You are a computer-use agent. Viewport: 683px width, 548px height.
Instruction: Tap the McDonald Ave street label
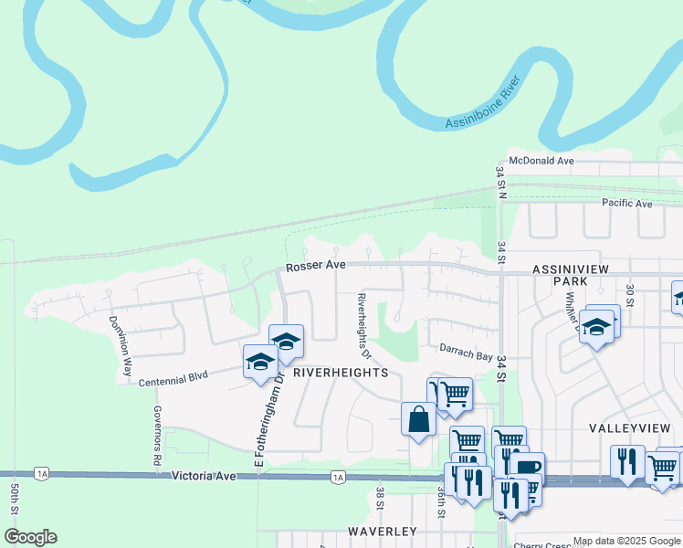(x=541, y=161)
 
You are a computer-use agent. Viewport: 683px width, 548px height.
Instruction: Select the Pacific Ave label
(x=626, y=204)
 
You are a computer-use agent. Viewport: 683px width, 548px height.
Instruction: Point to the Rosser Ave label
(x=316, y=267)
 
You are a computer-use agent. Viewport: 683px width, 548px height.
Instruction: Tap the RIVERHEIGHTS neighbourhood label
(x=341, y=373)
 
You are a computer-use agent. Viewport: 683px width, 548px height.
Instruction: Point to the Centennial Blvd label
(x=174, y=377)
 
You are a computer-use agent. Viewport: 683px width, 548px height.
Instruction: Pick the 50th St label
(x=15, y=511)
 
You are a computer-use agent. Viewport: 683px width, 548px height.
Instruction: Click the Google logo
(x=30, y=537)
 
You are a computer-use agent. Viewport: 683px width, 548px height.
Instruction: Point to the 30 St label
(x=629, y=296)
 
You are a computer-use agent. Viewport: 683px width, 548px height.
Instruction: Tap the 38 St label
(x=380, y=499)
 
